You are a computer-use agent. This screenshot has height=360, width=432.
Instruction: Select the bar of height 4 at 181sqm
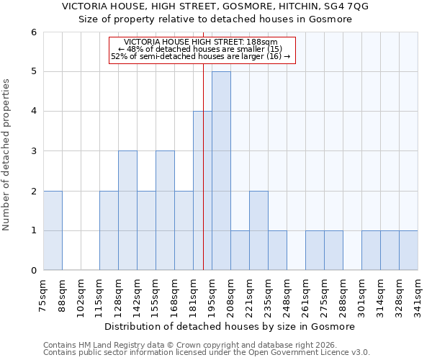click(202, 191)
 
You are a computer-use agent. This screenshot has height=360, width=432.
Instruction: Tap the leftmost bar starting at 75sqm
click(53, 230)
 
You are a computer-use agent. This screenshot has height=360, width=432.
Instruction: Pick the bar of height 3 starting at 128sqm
click(127, 210)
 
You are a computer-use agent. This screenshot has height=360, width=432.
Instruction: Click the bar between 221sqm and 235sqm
click(258, 230)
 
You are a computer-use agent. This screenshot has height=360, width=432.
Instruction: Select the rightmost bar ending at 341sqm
click(408, 251)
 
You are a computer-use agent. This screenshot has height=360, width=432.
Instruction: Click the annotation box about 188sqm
click(202, 50)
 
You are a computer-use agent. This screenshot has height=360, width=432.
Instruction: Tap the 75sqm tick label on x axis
click(44, 294)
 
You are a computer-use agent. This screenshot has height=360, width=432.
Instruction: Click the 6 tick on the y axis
click(33, 32)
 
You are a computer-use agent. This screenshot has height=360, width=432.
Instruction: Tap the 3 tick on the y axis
click(33, 151)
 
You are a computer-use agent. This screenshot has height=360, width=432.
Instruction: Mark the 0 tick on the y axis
click(33, 271)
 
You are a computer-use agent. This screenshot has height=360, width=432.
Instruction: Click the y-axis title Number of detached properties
click(7, 151)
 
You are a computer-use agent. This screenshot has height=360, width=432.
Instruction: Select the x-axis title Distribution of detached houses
click(230, 327)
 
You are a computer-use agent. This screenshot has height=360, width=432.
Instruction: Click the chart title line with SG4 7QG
click(215, 6)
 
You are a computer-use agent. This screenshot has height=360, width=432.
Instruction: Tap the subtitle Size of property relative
click(215, 19)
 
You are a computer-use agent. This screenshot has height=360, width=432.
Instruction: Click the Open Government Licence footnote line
click(207, 353)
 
